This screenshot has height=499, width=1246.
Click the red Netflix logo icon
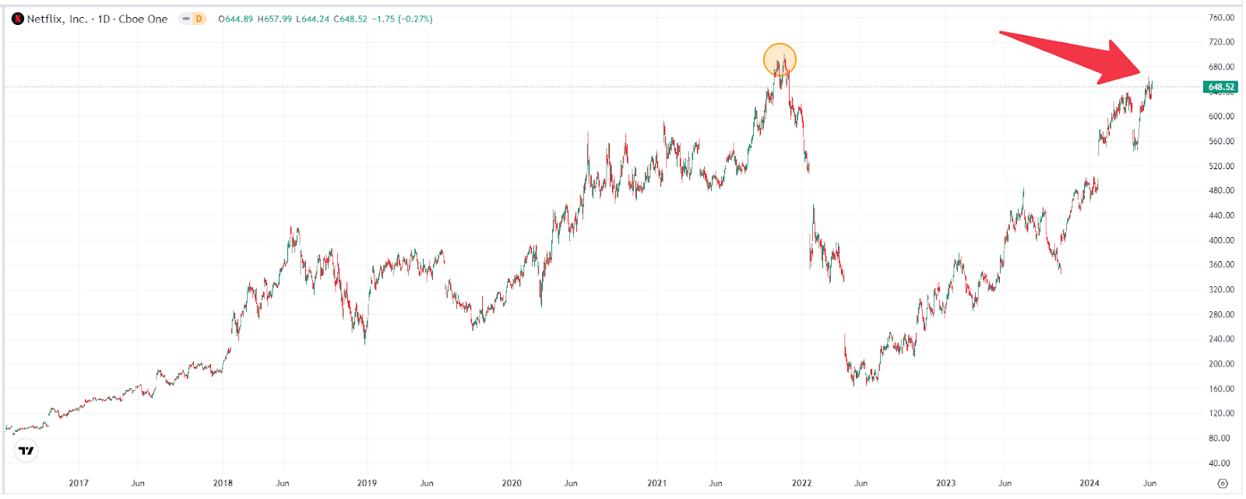coord(18,19)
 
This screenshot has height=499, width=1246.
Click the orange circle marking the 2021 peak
coord(780,60)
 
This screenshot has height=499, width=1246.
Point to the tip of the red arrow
coord(1142,76)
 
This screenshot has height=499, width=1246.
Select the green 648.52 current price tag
coord(1221,87)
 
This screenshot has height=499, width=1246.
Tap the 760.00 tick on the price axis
coord(1221,17)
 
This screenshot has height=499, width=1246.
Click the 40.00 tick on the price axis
coord(1221,463)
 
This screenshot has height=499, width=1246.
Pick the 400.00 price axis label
coord(1221,240)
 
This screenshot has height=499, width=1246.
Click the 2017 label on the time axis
coord(79,483)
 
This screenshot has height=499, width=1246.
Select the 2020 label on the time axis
coord(512,483)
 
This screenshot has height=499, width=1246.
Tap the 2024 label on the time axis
coord(1089,483)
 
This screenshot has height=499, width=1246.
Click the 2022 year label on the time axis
coord(801,483)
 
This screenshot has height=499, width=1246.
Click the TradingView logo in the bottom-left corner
coord(26,451)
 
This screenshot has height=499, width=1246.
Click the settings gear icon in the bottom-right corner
coord(1223,483)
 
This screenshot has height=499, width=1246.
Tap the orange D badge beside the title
coord(199,19)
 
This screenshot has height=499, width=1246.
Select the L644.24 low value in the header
coord(313,19)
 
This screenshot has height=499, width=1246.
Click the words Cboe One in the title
coord(143,19)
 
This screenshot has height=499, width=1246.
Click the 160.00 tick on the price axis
coord(1221,388)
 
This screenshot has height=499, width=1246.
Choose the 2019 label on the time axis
coord(367,483)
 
